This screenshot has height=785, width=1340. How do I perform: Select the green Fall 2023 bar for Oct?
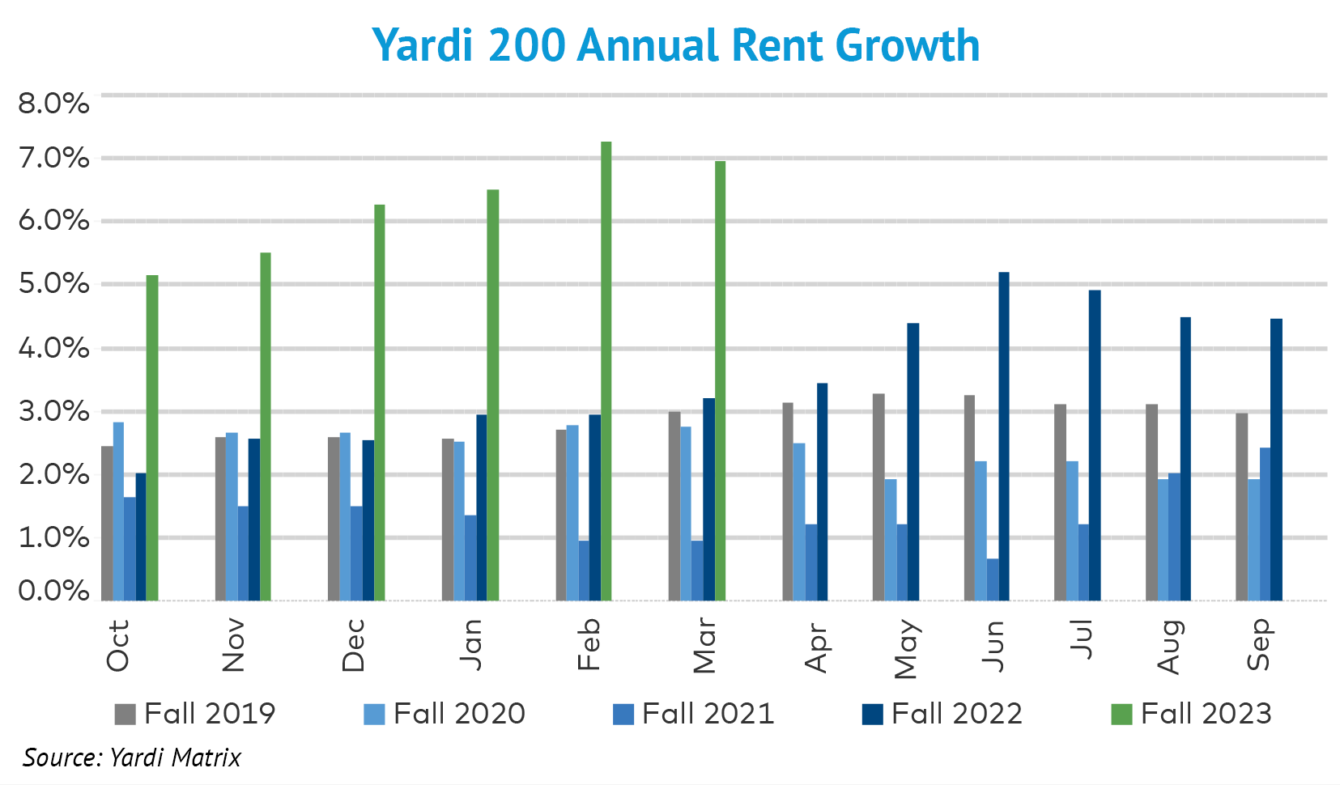pos(152,438)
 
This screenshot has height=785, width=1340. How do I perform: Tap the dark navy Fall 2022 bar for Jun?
pos(1004,436)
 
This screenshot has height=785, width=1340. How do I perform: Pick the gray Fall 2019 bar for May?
pos(878,497)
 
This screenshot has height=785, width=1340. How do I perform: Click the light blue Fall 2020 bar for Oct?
pos(118,511)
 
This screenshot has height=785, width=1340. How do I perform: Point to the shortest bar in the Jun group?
pos(993,579)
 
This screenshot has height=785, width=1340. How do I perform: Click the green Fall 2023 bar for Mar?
pos(720,380)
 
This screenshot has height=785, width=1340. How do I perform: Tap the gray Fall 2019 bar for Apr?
pos(788,501)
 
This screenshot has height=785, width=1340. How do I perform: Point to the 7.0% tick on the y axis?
pos(53,158)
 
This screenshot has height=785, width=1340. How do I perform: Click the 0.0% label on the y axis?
pos(53,591)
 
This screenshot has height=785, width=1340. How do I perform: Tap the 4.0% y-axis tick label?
pos(53,348)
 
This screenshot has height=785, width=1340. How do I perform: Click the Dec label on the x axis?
pos(353,645)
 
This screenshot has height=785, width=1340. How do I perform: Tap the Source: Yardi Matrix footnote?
pos(132,757)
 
